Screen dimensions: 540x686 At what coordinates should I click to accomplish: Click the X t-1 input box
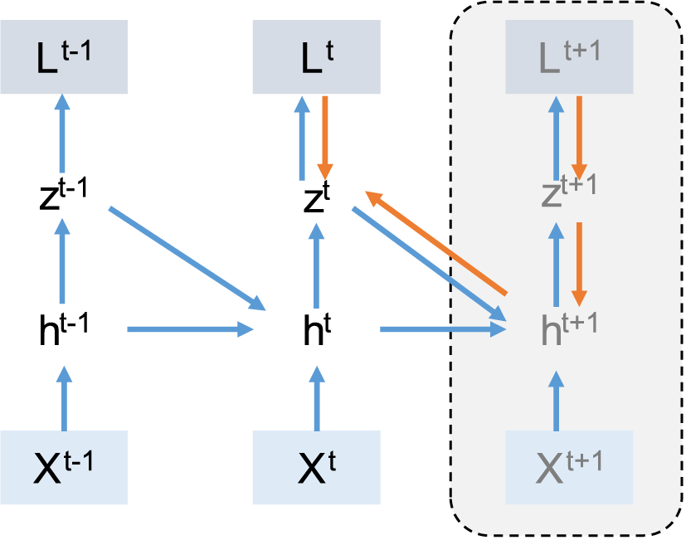pyautogui.click(x=64, y=467)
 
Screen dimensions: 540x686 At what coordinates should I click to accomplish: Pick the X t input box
pyautogui.click(x=316, y=467)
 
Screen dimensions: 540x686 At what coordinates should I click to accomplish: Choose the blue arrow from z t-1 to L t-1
pyautogui.click(x=61, y=133)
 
